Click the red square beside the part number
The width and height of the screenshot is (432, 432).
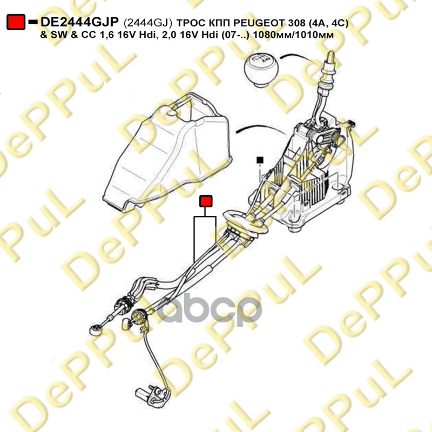tap(16, 22)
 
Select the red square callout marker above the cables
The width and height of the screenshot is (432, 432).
tap(206, 201)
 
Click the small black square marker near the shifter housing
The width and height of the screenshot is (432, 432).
tap(260, 159)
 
